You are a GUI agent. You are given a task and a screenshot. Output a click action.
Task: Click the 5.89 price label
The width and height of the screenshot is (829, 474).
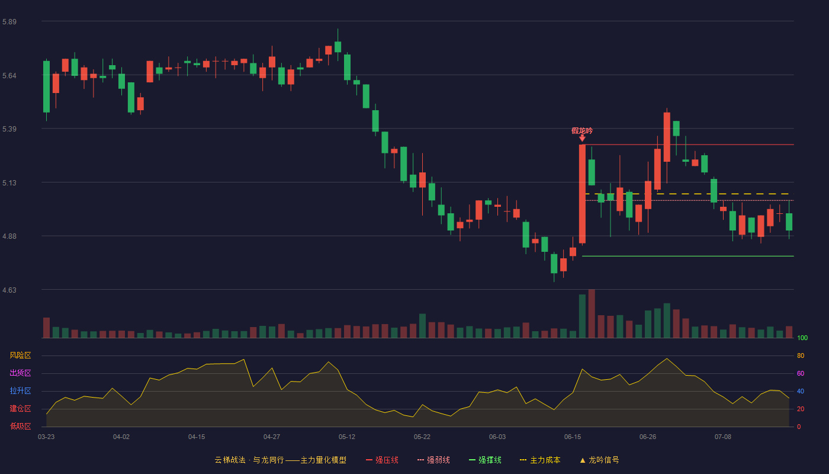pos(9,21)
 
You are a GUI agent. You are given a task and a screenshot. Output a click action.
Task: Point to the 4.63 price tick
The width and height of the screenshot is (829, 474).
pos(9,290)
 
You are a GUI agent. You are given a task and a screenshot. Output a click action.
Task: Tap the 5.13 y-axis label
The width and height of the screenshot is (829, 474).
pos(9,182)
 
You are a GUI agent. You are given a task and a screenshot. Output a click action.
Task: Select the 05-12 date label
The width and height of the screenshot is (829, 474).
pos(347,437)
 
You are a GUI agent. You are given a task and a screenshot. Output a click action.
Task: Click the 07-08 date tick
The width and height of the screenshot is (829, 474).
pos(723,437)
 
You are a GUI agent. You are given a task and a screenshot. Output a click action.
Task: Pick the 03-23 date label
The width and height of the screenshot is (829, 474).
pos(46,437)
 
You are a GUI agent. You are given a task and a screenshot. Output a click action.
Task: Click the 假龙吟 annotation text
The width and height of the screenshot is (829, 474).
pos(582,131)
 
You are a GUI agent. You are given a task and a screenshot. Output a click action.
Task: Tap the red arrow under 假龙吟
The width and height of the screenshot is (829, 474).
pos(582,138)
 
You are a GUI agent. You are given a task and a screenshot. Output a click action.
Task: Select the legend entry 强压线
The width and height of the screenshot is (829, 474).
pos(383,460)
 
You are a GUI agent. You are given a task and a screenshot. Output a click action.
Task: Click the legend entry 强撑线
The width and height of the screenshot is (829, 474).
pos(485,460)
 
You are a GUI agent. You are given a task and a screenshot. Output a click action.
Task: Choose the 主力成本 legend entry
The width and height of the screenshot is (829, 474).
pos(540,460)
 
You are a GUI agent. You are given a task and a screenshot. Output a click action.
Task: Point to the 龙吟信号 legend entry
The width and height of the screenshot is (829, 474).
pos(599,460)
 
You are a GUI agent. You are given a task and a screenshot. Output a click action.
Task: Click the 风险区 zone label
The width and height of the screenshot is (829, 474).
pos(20,355)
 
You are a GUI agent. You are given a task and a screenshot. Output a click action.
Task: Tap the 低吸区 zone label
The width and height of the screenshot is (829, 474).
pos(20,427)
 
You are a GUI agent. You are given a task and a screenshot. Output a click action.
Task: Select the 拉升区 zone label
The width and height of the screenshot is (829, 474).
pos(20,391)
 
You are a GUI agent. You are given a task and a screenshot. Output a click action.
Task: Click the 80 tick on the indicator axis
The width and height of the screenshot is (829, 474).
pos(801,355)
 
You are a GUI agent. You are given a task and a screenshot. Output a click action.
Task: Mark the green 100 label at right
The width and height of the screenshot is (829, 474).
pos(802,338)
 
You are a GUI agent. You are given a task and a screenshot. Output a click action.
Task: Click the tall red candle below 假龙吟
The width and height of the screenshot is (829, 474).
pos(582,194)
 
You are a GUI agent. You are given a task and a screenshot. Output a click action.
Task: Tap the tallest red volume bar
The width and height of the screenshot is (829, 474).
pos(592,313)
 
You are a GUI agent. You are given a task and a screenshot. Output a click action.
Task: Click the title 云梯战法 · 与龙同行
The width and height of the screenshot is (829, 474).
pos(249,460)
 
